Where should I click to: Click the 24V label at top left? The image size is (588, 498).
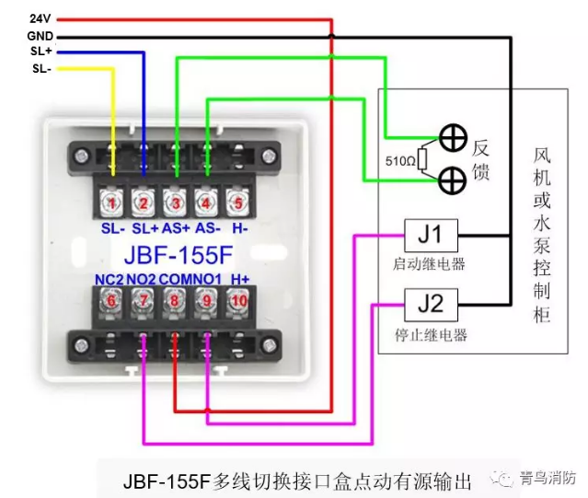[x=40, y=18]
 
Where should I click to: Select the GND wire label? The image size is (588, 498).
[x=40, y=35]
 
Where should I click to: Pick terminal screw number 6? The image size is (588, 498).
[x=112, y=299]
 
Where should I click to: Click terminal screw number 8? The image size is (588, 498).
[x=175, y=299]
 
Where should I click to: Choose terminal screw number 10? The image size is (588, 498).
[x=238, y=299]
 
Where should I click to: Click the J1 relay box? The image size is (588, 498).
[x=431, y=236]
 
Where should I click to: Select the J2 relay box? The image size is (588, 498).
[x=431, y=301]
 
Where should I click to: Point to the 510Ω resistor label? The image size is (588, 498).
[x=399, y=161]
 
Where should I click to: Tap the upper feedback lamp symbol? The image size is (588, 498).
[x=451, y=139]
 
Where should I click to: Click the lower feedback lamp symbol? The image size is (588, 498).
[x=451, y=180]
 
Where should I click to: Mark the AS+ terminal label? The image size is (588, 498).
[x=177, y=226]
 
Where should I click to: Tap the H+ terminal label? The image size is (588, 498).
[x=240, y=278]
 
